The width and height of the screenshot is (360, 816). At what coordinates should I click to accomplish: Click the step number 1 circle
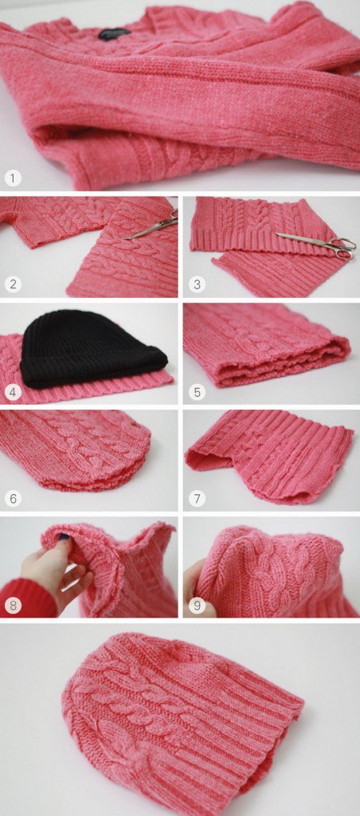coord(13,178)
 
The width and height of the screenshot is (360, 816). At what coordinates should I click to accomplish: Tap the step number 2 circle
coord(13,284)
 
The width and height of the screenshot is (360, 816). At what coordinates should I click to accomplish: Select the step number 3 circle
coord(197,284)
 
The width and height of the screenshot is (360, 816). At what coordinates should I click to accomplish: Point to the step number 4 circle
coord(13,391)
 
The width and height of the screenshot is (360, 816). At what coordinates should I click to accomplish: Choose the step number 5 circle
coord(197,391)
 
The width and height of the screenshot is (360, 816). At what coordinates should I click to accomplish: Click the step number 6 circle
coord(13,498)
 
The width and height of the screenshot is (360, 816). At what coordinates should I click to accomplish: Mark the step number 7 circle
coord(197,498)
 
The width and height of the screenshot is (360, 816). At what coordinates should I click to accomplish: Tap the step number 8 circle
coord(13,606)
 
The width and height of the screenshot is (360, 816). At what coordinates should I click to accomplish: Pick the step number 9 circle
coord(197,606)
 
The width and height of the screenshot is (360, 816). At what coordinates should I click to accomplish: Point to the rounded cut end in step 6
coord(139,458)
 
